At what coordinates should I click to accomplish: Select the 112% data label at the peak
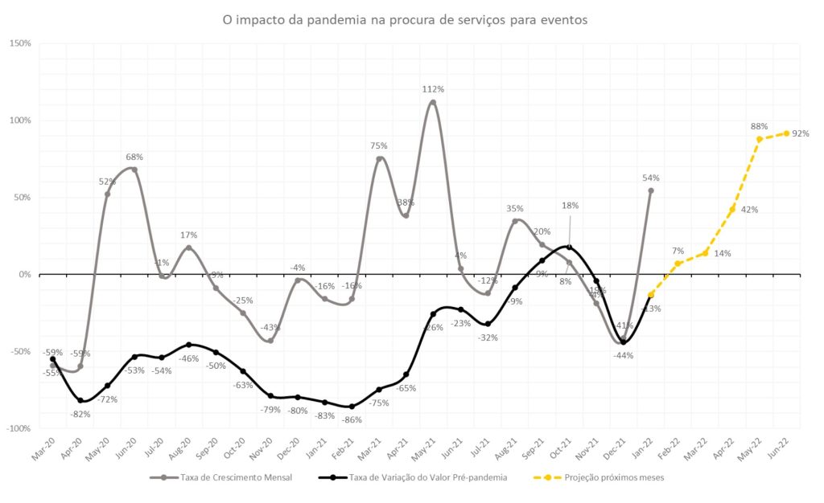(x=433, y=89)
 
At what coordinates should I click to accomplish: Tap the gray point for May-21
(x=433, y=102)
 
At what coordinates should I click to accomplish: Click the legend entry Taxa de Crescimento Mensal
(x=218, y=477)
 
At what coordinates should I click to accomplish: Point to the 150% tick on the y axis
(x=20, y=43)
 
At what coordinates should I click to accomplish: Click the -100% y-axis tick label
(x=19, y=428)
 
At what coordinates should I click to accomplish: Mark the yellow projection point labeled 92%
(x=786, y=133)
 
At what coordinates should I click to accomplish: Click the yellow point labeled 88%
(x=760, y=139)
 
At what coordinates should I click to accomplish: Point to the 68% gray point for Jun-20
(x=134, y=170)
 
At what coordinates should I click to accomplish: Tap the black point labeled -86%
(x=352, y=407)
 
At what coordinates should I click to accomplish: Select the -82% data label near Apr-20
(x=80, y=414)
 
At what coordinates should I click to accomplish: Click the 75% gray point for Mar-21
(x=379, y=159)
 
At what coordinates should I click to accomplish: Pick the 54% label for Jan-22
(x=652, y=178)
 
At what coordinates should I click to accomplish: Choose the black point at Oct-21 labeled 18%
(x=569, y=247)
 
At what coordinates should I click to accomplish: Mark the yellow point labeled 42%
(x=732, y=210)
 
